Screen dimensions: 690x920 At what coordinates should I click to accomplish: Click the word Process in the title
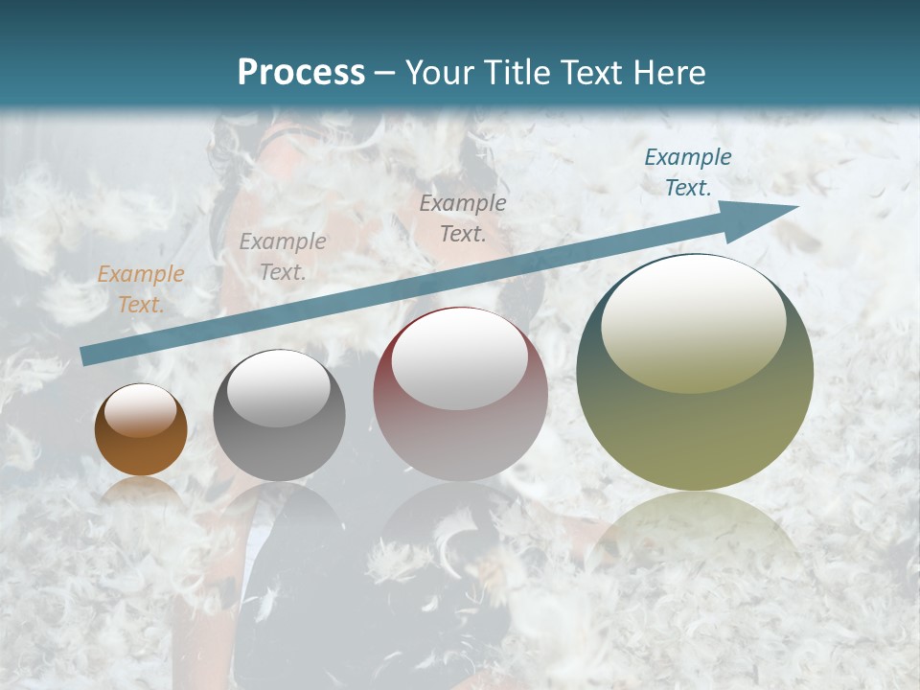tap(301, 73)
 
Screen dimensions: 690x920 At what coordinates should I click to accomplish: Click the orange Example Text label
tap(141, 289)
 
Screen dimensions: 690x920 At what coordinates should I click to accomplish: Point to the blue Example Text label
tap(688, 172)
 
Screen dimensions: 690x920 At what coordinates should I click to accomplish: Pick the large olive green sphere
tap(695, 422)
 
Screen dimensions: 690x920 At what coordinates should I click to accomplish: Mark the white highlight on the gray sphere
tap(279, 388)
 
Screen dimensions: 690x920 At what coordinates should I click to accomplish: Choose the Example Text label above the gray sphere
tap(283, 257)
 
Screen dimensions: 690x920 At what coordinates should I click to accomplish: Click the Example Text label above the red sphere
tap(463, 218)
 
